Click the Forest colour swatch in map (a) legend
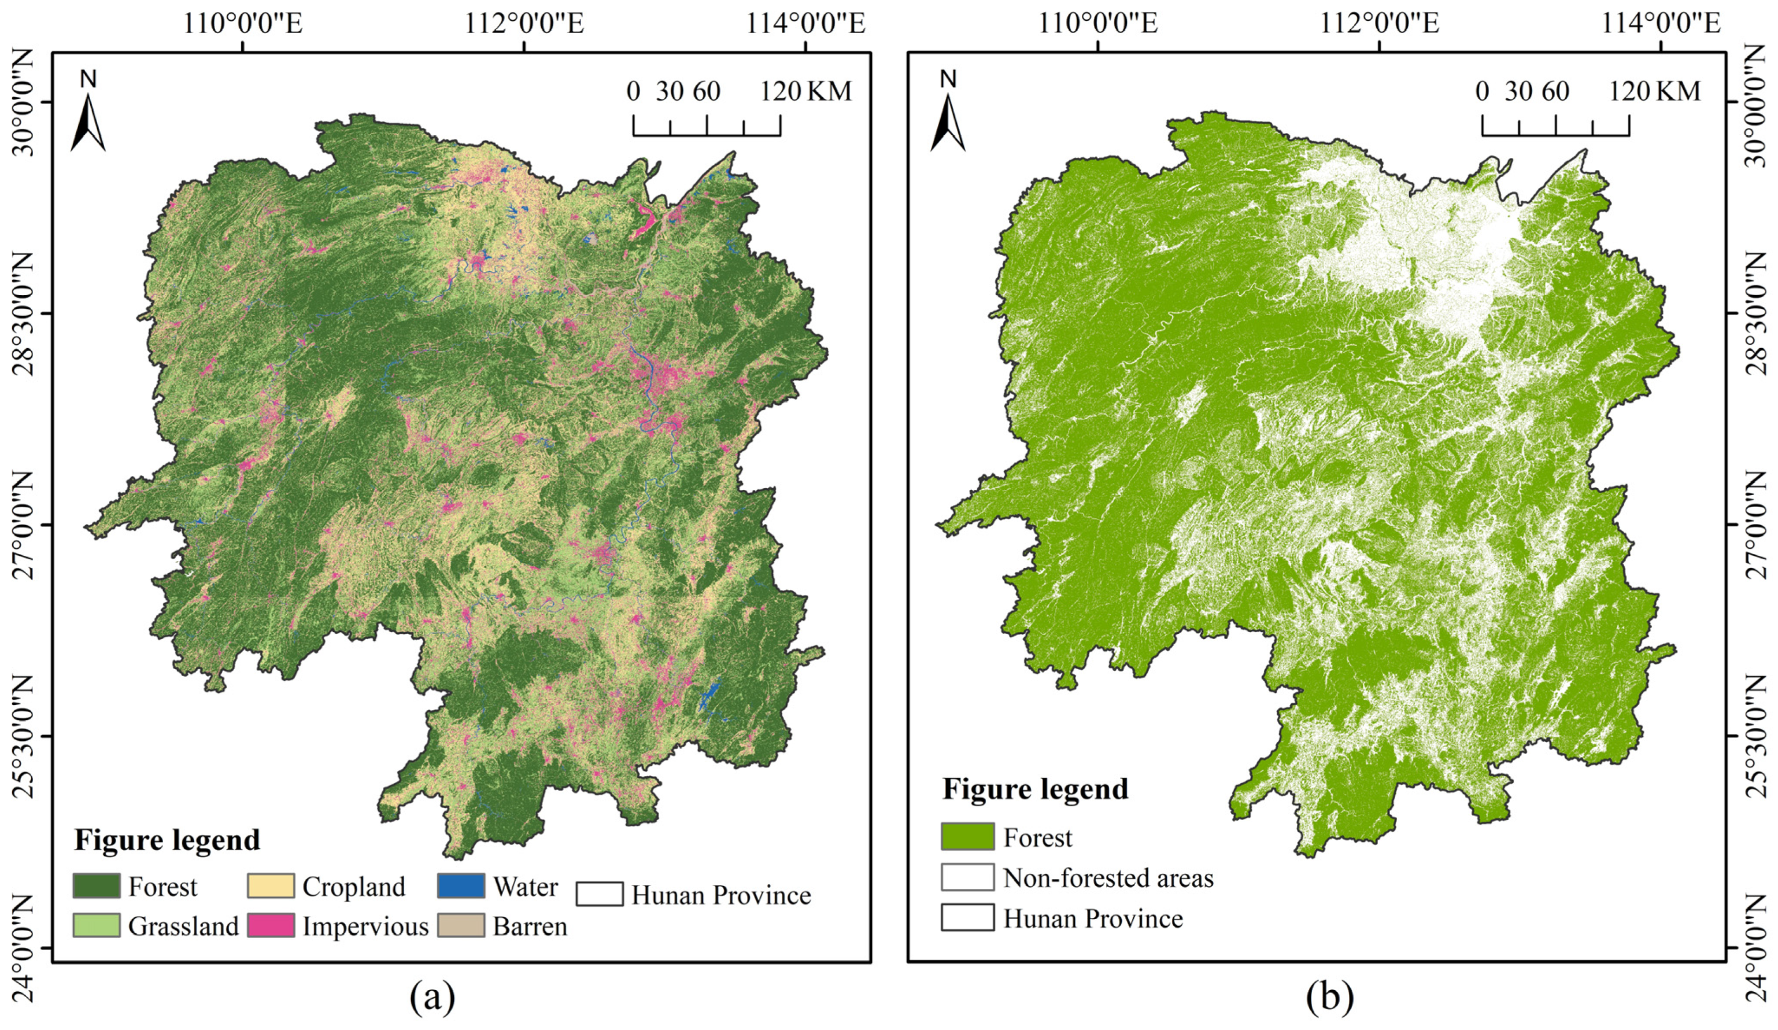96,886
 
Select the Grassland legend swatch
96,925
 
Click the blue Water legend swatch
461,886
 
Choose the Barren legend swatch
461,925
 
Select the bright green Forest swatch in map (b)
967,837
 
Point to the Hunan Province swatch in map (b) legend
967,917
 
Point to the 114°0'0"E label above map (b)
1660,24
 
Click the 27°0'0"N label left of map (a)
23,526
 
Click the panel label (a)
433,998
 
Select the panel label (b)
1330,998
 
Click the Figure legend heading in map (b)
1035,789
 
